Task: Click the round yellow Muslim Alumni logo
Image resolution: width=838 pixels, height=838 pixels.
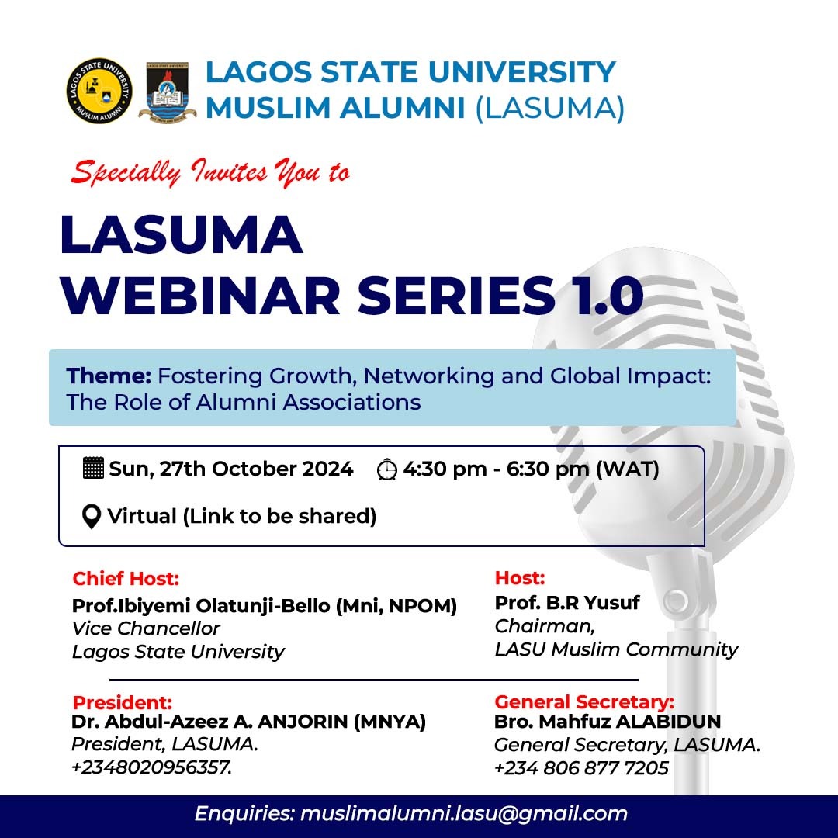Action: click(x=99, y=91)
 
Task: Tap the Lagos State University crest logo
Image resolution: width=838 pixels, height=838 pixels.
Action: click(x=168, y=92)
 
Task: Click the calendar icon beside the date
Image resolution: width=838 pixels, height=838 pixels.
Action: click(x=94, y=468)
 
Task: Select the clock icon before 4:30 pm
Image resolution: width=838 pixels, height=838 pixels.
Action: click(x=387, y=469)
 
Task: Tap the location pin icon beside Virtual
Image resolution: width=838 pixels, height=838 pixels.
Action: click(x=92, y=517)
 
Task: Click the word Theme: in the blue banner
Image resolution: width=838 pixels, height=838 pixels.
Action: click(x=109, y=376)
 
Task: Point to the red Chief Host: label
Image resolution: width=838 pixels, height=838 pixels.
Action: click(x=126, y=578)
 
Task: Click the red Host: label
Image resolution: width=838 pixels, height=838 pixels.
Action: click(x=520, y=578)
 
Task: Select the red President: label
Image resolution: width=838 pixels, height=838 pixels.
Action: click(x=123, y=702)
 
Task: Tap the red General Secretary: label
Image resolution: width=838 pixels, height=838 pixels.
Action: click(x=584, y=701)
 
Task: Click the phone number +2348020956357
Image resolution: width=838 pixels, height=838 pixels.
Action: click(x=152, y=767)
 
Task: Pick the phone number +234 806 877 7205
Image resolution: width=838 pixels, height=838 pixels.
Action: click(x=581, y=768)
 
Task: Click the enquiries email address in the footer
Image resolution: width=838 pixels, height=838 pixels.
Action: click(x=464, y=813)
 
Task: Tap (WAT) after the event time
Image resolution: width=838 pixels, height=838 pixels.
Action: click(x=628, y=469)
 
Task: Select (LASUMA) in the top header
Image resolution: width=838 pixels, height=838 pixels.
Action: click(x=550, y=108)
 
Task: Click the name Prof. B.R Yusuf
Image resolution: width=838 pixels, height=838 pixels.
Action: click(x=567, y=602)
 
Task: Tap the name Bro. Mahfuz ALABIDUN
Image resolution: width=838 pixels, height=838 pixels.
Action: click(x=608, y=722)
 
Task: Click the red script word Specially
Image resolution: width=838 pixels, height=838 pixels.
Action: click(x=126, y=173)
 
